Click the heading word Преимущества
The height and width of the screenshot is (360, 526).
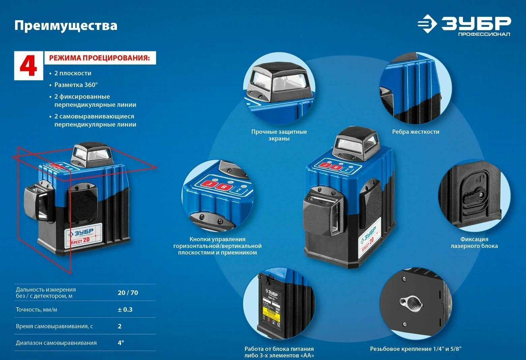click(66, 26)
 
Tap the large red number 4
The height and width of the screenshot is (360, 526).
click(28, 66)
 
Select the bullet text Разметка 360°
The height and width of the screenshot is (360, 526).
click(76, 85)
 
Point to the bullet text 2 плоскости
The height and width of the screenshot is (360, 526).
click(72, 73)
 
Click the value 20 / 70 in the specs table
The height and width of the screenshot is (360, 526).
click(128, 293)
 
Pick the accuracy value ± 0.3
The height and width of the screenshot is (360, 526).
click(125, 309)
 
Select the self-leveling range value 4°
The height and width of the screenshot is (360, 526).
click(121, 342)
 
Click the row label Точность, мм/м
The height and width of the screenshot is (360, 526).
click(36, 309)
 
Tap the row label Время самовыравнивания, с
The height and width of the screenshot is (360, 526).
click(54, 326)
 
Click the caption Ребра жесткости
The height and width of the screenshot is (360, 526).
click(415, 132)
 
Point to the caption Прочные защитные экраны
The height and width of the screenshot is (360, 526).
click(279, 135)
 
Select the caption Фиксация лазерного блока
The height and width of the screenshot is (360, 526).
click(474, 243)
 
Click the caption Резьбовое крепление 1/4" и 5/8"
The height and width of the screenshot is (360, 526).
click(415, 349)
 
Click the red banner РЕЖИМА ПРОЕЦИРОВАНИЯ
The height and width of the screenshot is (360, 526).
click(100, 58)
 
